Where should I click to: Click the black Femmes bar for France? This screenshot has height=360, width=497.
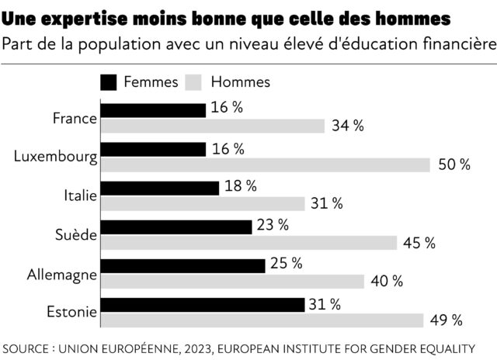[x=153, y=110]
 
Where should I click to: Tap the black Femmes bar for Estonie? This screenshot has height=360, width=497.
[x=203, y=304]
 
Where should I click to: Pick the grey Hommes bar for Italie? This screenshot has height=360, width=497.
[x=203, y=203]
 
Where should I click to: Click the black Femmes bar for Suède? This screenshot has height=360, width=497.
[x=176, y=227]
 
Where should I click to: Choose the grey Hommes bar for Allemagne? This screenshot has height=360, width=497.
[x=232, y=281]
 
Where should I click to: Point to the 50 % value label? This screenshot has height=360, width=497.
[x=454, y=164]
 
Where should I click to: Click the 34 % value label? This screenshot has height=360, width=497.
[x=347, y=126]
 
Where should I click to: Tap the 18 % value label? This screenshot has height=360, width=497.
[x=241, y=186]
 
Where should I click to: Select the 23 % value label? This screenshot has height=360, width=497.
[x=273, y=225]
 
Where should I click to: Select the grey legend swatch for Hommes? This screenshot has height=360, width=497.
[x=194, y=81]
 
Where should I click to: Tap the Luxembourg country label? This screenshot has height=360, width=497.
[x=56, y=157]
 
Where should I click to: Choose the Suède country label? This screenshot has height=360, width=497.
[x=76, y=234]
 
